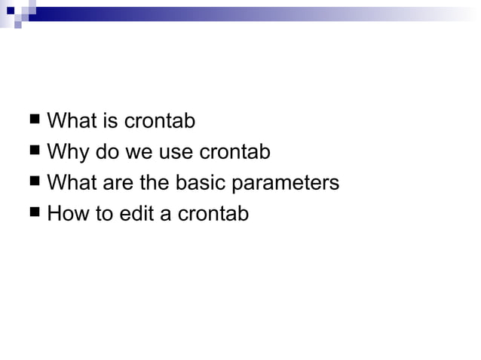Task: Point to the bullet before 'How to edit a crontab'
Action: (x=35, y=213)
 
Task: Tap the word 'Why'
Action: (x=67, y=153)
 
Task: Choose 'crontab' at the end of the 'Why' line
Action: (x=234, y=152)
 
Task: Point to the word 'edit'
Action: (x=137, y=214)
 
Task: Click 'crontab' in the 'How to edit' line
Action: (x=213, y=214)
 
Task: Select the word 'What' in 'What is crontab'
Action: (x=70, y=121)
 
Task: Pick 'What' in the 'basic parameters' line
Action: (x=70, y=183)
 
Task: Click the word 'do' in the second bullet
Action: (x=106, y=152)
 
